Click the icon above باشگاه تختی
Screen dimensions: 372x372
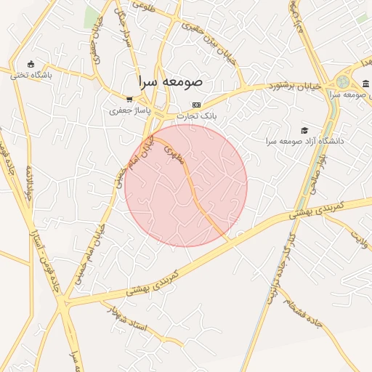pos(30,64)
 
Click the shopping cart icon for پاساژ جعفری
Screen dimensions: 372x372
pos(129,100)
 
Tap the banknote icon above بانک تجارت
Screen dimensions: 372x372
pos(196,105)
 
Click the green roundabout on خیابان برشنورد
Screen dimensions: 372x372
pos(343,81)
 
